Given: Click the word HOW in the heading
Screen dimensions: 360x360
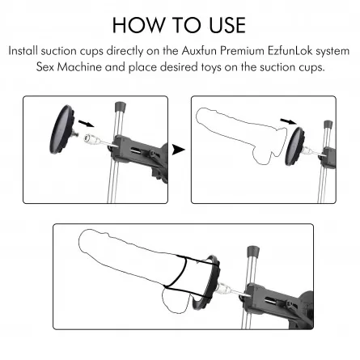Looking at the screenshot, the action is click(138, 25).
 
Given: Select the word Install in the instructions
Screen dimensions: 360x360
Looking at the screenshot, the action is click(23, 51).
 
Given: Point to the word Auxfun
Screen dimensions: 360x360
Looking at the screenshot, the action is click(199, 51).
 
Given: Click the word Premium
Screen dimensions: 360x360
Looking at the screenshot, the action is click(242, 51).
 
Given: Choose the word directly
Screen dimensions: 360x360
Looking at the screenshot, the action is click(125, 51).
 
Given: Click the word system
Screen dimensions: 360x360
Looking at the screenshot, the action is click(332, 52).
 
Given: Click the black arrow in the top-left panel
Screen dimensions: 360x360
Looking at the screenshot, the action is click(87, 124).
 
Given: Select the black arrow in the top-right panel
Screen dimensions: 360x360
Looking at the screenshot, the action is click(288, 121).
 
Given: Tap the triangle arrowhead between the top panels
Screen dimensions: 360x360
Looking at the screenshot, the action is click(179, 150).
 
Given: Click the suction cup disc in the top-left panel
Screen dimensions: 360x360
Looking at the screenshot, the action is click(62, 129).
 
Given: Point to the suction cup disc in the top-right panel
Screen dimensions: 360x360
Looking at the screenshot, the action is click(295, 146).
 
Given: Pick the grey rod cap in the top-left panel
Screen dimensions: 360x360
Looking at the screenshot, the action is click(121, 107).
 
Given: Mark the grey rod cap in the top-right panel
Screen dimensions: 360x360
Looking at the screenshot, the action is click(328, 125).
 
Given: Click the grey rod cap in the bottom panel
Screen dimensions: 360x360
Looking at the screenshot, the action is click(253, 252).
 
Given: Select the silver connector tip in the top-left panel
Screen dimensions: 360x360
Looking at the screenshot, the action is click(90, 138).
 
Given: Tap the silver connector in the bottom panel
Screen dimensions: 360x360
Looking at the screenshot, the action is click(224, 287).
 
